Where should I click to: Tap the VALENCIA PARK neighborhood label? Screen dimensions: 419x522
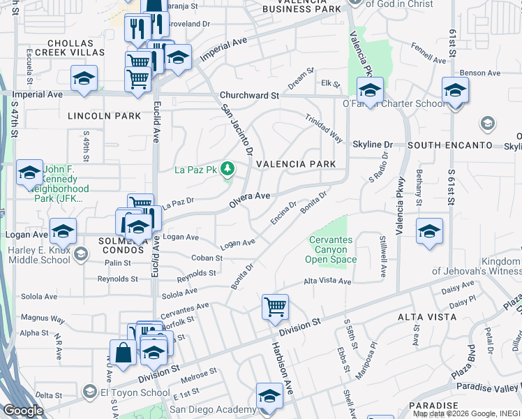[x=296, y=164]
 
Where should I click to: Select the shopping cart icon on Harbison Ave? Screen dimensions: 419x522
[x=275, y=307]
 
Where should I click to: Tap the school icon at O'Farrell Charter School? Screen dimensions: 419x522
[x=370, y=90]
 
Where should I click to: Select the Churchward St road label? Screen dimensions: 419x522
[x=249, y=95]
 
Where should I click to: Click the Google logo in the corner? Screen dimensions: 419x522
[x=23, y=411]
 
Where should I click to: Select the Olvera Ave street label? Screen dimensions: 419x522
[x=250, y=200]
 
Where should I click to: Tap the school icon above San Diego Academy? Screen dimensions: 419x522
[x=269, y=395]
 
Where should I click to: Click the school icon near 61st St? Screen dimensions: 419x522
[x=455, y=90]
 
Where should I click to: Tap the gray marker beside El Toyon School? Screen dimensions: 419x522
[x=89, y=392]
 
